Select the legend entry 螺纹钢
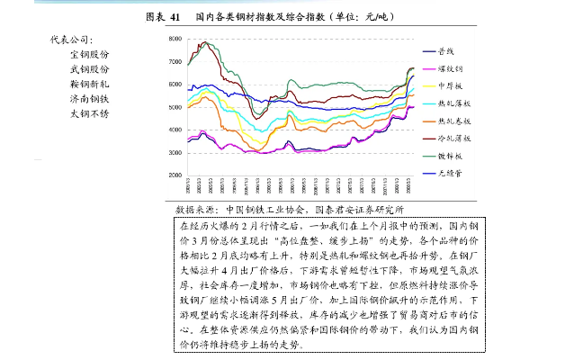[x=450, y=68]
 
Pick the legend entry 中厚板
[x=450, y=85]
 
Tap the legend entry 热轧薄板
[x=453, y=103]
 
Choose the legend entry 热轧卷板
[x=453, y=121]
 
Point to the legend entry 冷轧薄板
[x=453, y=139]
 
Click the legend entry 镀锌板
[x=450, y=156]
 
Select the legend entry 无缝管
[x=450, y=173]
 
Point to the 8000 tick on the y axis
[x=175, y=40]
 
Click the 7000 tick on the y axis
[x=175, y=62]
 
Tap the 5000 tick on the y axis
[x=175, y=107]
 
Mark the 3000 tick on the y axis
[x=175, y=153]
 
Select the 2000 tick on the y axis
[x=175, y=175]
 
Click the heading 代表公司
[x=71, y=40]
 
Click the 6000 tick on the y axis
[x=175, y=85]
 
